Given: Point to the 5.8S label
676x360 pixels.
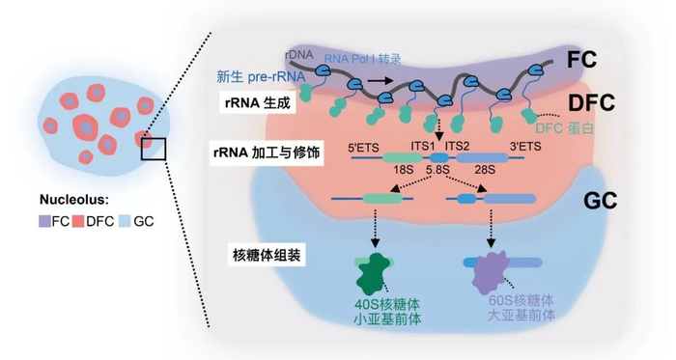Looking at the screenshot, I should point(439,171).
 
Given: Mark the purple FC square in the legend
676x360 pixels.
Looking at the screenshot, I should point(45,220).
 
